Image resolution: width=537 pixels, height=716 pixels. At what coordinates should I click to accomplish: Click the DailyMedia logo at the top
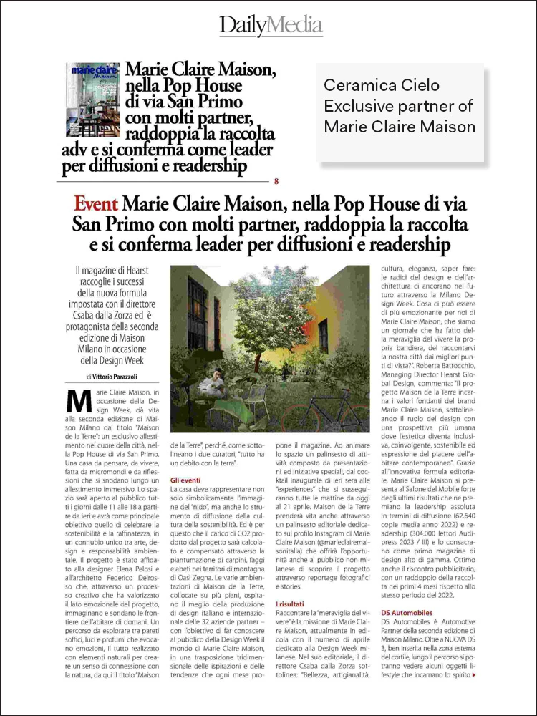pos(271,25)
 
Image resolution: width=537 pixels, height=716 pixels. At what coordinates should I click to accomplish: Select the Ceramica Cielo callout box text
pos(400,106)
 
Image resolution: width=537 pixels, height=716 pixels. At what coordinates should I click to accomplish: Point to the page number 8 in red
pos(276,181)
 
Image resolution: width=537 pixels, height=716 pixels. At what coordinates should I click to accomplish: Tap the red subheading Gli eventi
pos(185,480)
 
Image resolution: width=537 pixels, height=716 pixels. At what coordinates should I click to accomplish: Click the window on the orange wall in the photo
pos(324,334)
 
